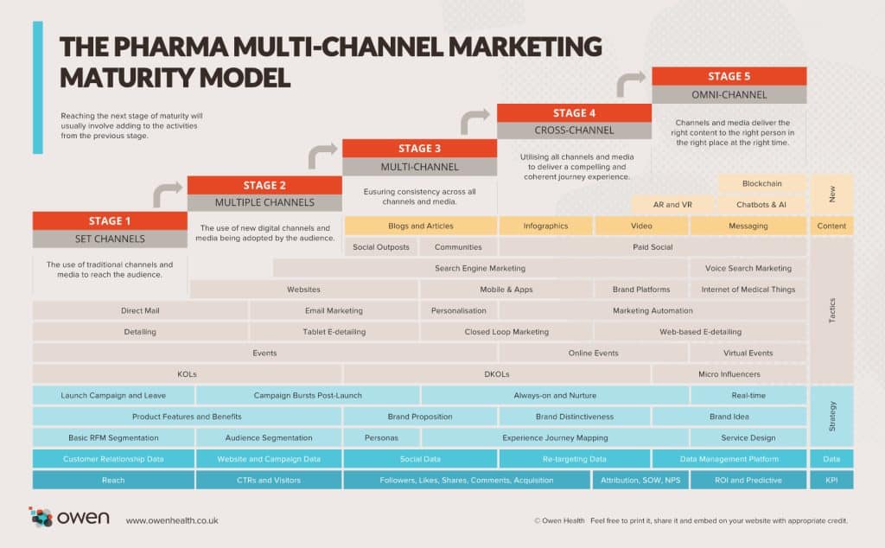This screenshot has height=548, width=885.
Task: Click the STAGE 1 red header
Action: coord(110,220)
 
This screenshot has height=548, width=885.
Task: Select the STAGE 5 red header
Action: coord(729,76)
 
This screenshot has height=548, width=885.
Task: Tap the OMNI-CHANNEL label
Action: coord(729,95)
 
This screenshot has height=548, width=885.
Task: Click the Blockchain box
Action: coord(761,183)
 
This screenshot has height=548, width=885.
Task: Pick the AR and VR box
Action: coord(672,205)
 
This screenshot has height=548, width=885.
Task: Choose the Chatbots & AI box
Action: coord(761,205)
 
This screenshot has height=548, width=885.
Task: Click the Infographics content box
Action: coord(545,226)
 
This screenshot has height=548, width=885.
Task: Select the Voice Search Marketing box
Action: coord(748,268)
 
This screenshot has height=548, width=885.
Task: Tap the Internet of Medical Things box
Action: coord(748,290)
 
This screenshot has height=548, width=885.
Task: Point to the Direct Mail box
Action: coord(140,310)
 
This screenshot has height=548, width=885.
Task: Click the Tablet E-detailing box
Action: coord(334,331)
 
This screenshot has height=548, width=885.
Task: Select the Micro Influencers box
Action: coord(729,373)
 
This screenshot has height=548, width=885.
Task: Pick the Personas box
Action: coord(381,437)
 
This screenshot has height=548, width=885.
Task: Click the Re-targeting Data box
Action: coord(574,459)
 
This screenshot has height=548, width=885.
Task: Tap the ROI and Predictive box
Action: coord(748,480)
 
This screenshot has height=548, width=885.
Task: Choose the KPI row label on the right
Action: coord(831,480)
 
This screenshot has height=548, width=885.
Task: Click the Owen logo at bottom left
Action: coord(69,518)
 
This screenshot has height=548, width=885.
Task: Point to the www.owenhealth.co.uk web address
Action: coord(171,520)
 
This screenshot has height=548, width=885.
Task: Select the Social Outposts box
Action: coord(381,247)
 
